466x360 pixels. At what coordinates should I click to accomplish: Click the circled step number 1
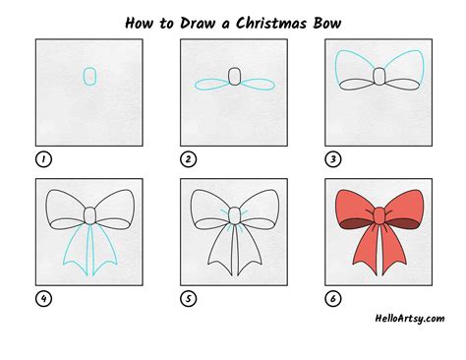pyautogui.click(x=43, y=157)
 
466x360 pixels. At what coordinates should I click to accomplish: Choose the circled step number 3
pyautogui.click(x=333, y=157)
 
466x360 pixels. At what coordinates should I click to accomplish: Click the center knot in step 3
pyautogui.click(x=379, y=78)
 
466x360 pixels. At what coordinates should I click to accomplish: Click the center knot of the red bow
pyautogui.click(x=379, y=214)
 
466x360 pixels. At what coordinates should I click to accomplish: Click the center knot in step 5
pyautogui.click(x=234, y=214)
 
